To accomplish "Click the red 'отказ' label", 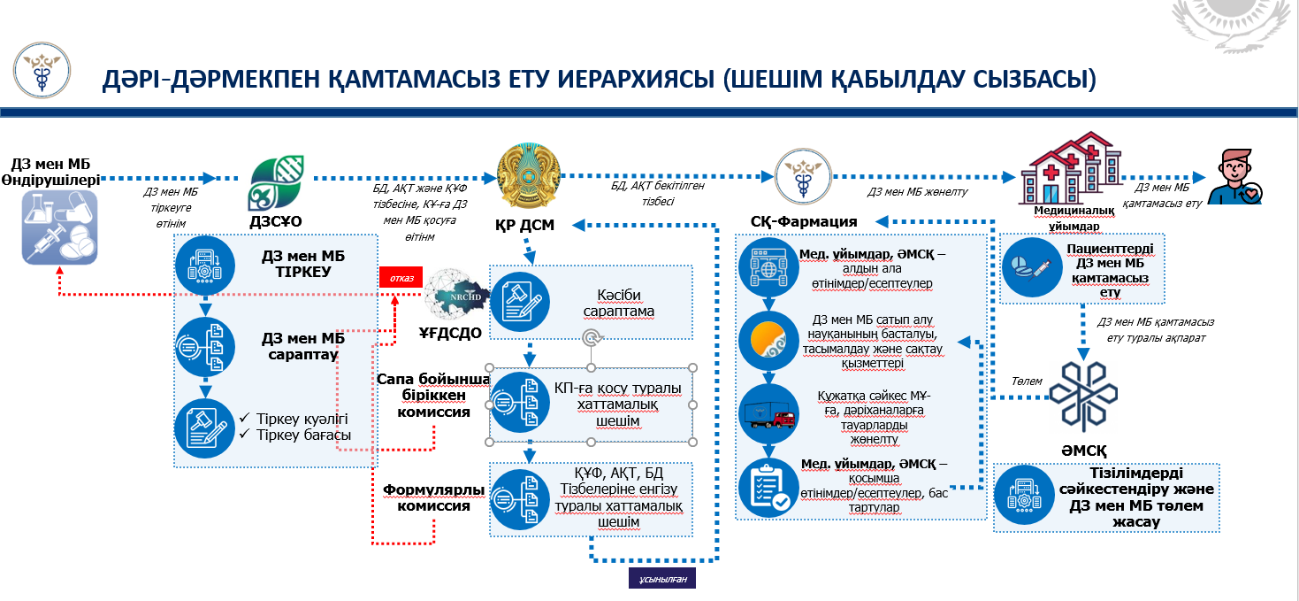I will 401,277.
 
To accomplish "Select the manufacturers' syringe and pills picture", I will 59,227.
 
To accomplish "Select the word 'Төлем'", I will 1028,381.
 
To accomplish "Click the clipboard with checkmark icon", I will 768,488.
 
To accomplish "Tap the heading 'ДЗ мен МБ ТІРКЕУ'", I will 302,264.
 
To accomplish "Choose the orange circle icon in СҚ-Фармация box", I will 768,340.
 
